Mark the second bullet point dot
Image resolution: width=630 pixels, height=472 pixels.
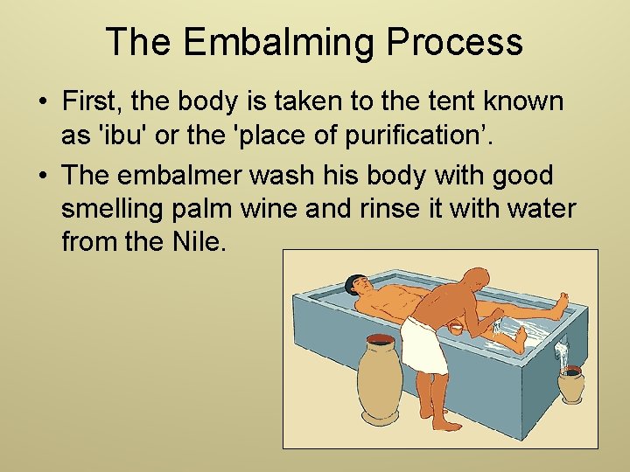pos(42,177)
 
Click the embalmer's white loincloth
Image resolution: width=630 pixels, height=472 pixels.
pos(424,344)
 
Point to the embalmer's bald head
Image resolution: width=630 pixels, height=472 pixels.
pos(474,281)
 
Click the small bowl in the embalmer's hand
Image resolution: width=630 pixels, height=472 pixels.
pos(456,328)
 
